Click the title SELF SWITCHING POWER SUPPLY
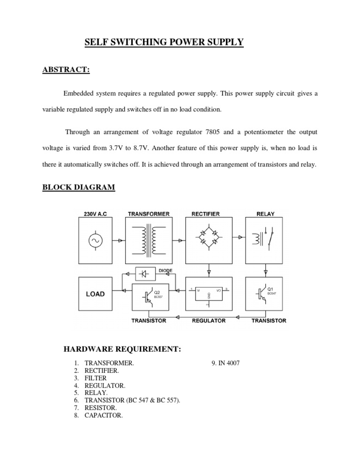pyautogui.click(x=164, y=43)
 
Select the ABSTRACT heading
pyautogui.click(x=66, y=70)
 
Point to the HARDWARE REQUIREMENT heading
pyautogui.click(x=122, y=349)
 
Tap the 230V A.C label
pyautogui.click(x=95, y=214)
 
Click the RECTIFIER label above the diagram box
pyautogui.click(x=205, y=214)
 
